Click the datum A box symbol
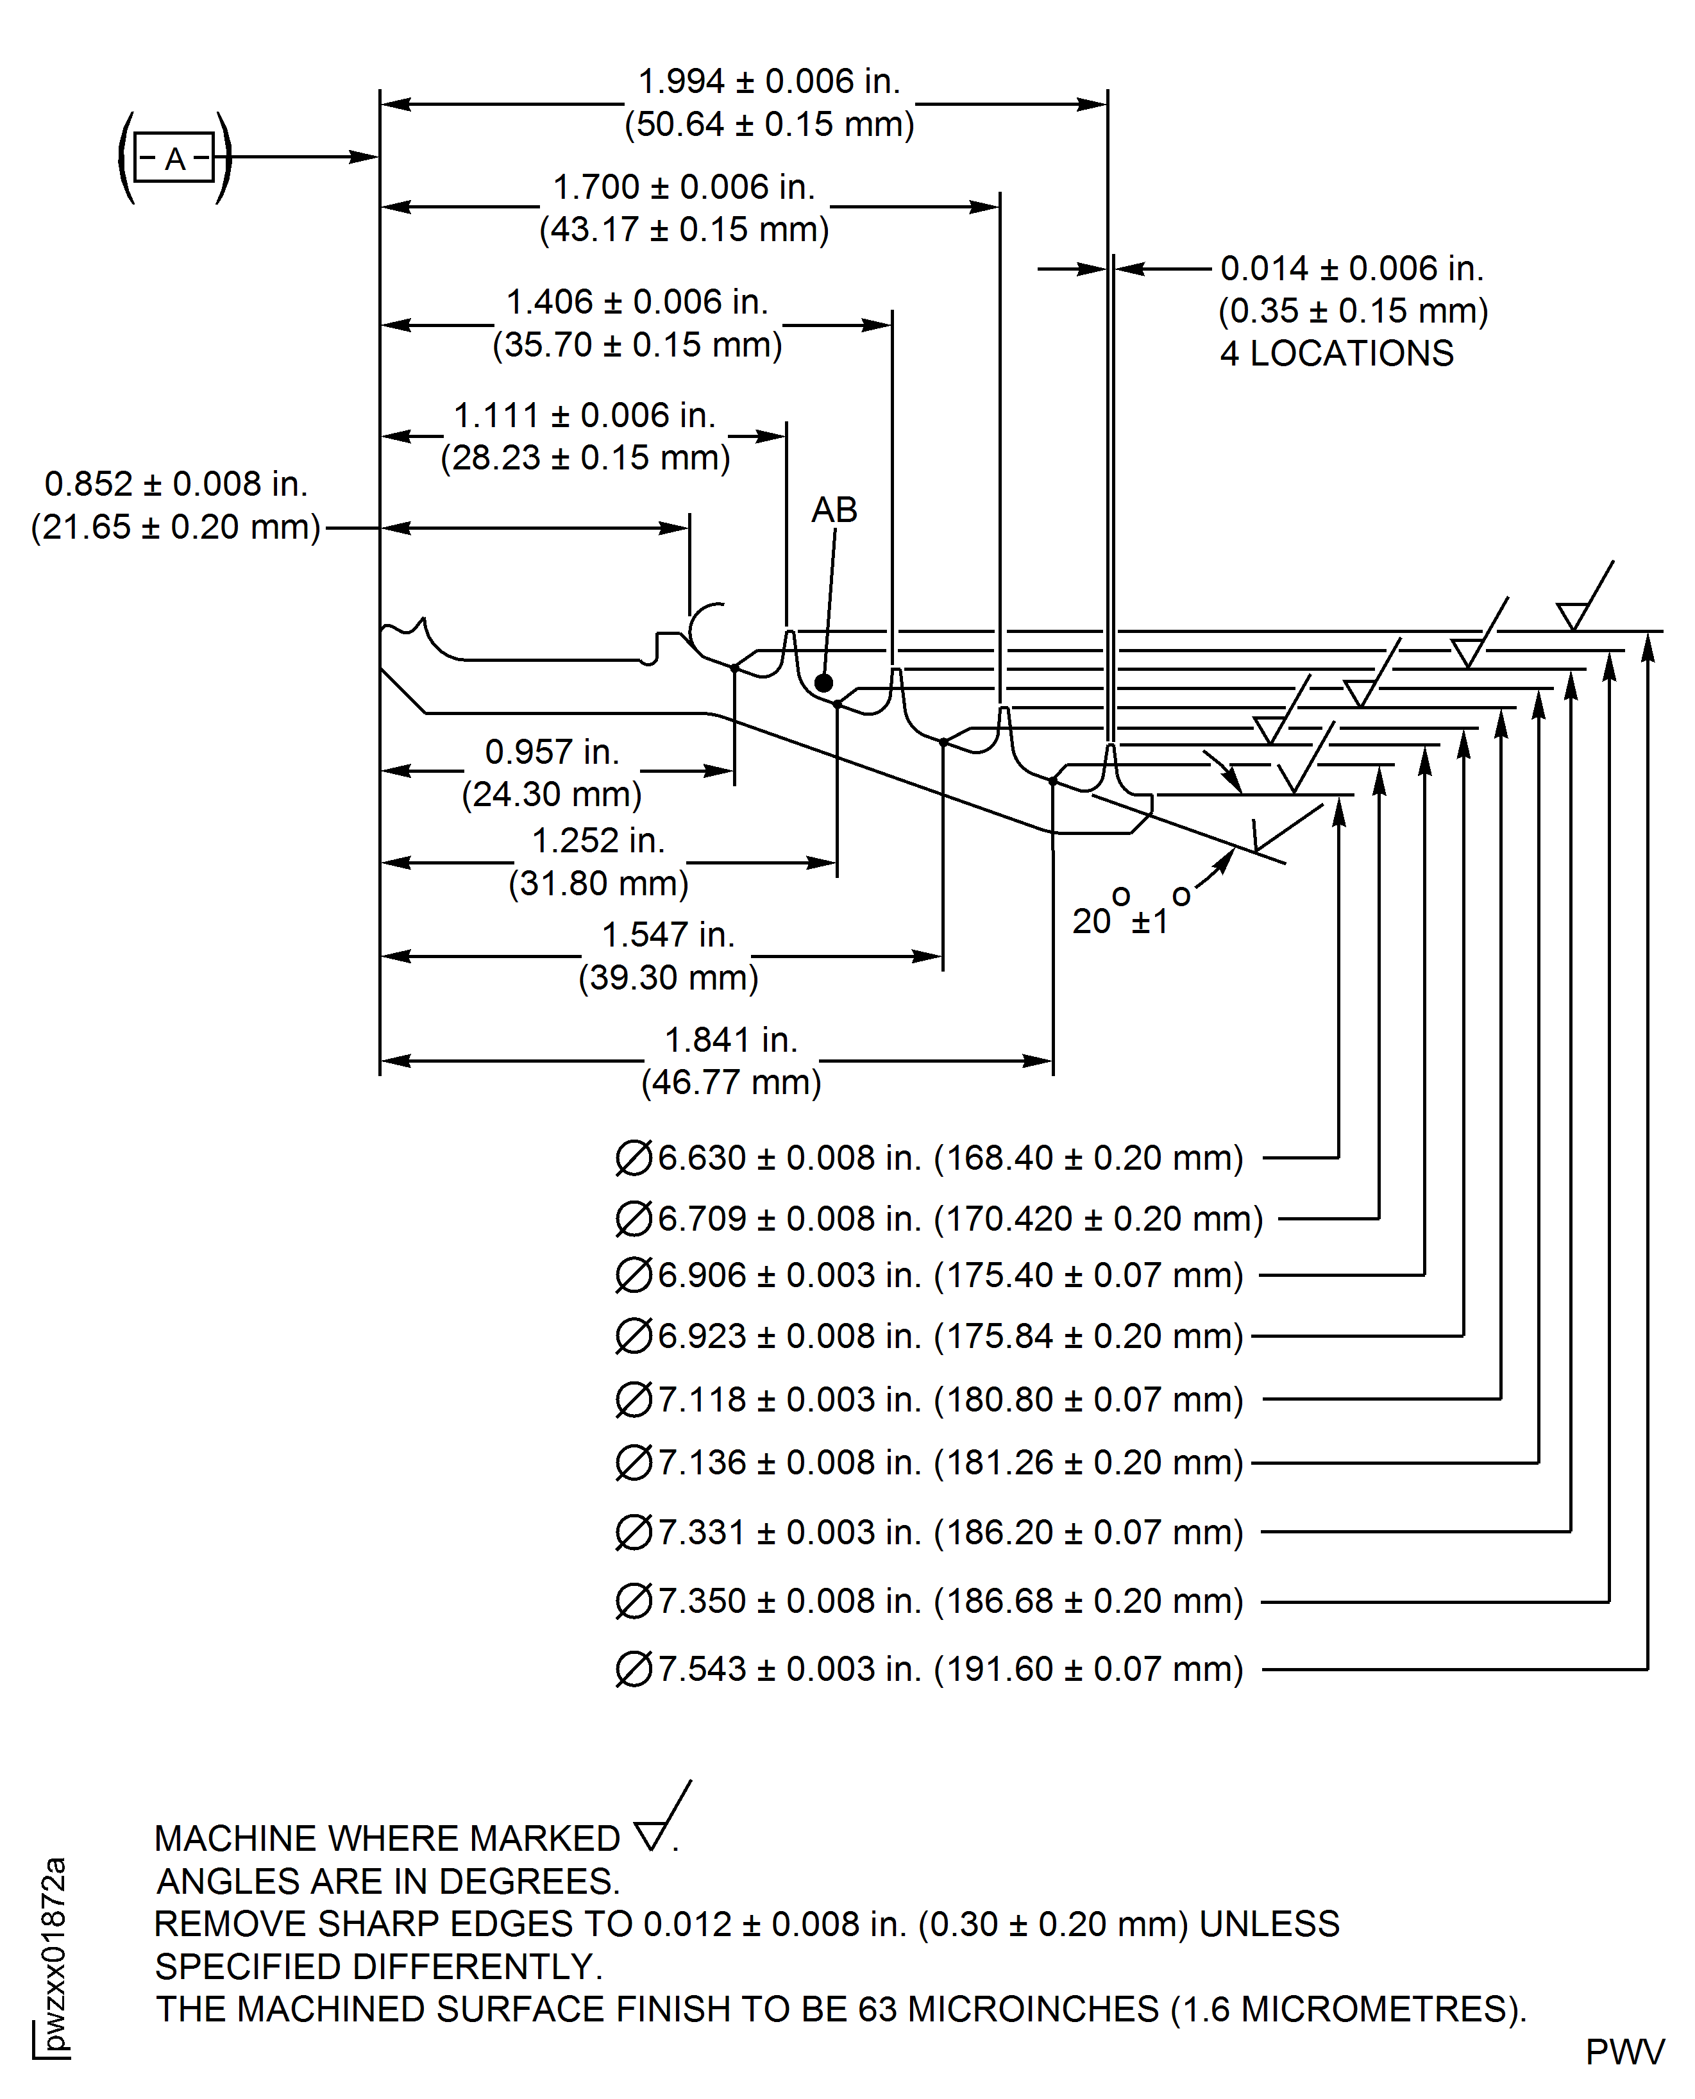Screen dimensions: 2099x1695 174,157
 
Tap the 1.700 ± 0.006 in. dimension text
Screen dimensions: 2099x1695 684,187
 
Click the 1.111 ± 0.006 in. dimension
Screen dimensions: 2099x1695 584,416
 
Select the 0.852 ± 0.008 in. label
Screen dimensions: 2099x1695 176,484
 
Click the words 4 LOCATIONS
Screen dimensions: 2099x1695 1337,353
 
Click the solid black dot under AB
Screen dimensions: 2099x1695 824,682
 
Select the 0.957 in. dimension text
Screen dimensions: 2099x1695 552,752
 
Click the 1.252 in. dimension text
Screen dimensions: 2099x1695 598,841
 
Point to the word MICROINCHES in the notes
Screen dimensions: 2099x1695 1033,2009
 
